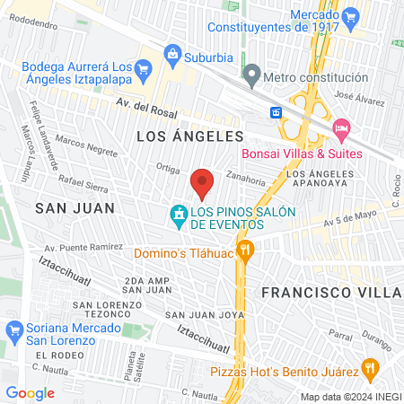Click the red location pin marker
click(x=202, y=183)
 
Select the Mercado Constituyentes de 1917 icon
click(x=350, y=15)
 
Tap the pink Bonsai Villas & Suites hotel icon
click(x=340, y=129)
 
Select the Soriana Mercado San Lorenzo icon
click(x=13, y=330)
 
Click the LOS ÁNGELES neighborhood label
click(x=190, y=136)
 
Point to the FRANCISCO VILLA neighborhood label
click(x=330, y=293)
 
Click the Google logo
click(x=30, y=392)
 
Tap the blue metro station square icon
click(x=277, y=112)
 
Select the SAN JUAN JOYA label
click(x=206, y=314)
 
